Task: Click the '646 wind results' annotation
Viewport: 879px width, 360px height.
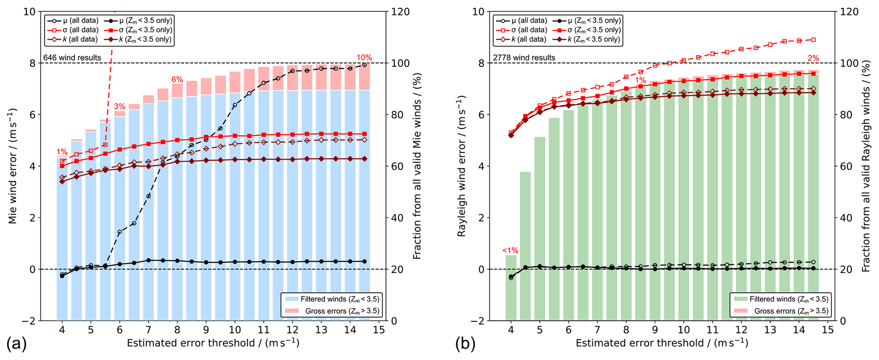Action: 72,57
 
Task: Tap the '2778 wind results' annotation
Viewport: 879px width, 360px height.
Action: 524,57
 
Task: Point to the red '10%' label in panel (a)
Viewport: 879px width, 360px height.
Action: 364,57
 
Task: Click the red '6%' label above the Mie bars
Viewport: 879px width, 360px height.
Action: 177,79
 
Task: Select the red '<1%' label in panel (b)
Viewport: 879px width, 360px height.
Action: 510,250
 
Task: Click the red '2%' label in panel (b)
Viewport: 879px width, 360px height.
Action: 813,58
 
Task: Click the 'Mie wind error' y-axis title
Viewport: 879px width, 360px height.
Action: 13,166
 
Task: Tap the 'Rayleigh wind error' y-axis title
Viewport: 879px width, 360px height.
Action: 462,166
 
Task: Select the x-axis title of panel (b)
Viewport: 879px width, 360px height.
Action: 662,343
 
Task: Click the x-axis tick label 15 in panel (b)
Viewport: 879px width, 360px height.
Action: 827,330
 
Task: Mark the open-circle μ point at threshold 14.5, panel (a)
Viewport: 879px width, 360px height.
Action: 364,65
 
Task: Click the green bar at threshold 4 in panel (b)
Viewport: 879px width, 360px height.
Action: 511,289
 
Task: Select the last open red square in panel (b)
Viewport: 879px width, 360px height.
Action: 813,40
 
